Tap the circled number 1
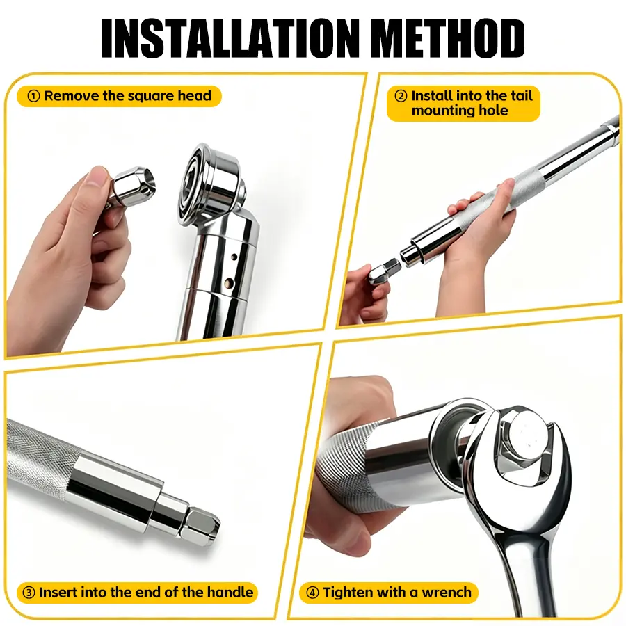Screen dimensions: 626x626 (x=33, y=96)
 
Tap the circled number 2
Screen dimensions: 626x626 (x=401, y=96)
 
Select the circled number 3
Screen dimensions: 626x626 (x=29, y=593)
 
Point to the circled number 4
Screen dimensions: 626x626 (x=312, y=593)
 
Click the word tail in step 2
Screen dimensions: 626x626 (x=521, y=96)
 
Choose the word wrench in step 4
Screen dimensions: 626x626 (x=447, y=593)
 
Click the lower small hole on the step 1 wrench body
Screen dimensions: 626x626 (x=229, y=282)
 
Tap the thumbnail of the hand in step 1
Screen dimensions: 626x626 (x=97, y=176)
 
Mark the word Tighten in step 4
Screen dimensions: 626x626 (x=350, y=593)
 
